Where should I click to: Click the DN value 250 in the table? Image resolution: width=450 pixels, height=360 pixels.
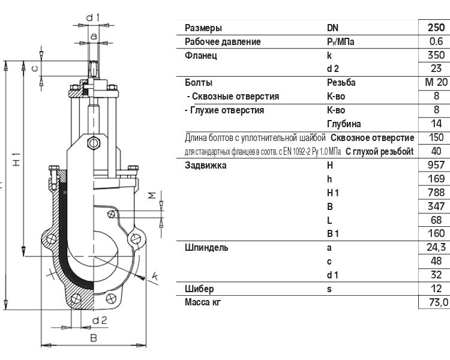click(436, 28)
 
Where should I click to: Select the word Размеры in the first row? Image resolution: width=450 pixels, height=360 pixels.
click(203, 28)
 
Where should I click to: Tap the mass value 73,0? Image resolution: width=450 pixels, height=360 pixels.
click(438, 302)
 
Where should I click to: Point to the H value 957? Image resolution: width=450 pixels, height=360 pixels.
click(436, 165)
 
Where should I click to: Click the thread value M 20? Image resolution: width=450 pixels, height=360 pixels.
click(436, 82)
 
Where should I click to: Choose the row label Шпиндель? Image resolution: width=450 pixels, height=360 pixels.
click(206, 247)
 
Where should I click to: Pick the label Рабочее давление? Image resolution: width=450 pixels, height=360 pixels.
click(223, 42)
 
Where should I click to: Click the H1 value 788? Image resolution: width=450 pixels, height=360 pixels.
click(436, 193)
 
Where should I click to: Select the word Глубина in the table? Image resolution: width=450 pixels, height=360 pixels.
click(344, 124)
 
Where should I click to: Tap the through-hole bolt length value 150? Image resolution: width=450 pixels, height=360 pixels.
click(436, 137)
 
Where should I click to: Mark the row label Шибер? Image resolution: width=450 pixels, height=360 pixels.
click(199, 289)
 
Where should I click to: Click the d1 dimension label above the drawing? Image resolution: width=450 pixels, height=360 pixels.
click(92, 18)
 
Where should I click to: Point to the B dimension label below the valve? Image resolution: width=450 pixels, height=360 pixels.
click(94, 338)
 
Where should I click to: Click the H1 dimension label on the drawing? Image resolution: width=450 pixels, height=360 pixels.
click(17, 159)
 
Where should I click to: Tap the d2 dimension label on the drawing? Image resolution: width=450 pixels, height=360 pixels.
click(100, 320)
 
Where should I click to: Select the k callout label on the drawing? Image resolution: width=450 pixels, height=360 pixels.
click(155, 277)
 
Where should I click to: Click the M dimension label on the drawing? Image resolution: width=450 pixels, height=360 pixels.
click(152, 196)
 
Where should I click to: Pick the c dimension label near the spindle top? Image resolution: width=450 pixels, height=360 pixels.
click(34, 68)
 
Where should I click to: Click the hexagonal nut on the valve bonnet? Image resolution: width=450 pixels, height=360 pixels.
click(94, 143)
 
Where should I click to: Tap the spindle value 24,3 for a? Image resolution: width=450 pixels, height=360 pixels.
click(436, 247)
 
